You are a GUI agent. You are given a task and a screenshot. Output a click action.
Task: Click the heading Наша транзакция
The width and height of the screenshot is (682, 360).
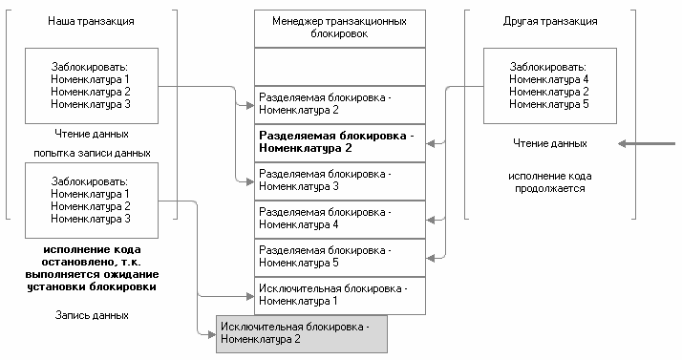[92, 20]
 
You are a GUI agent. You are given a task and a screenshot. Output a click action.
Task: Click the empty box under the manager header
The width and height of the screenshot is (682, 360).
[340, 66]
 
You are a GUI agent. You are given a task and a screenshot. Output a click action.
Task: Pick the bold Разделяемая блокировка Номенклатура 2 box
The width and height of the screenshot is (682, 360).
[340, 142]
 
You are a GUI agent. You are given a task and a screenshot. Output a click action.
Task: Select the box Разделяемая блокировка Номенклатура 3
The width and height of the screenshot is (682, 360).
[340, 180]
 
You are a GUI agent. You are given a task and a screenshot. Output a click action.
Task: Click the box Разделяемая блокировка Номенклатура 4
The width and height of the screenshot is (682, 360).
[340, 219]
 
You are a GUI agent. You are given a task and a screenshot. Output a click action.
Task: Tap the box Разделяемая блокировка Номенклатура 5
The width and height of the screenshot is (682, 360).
[340, 257]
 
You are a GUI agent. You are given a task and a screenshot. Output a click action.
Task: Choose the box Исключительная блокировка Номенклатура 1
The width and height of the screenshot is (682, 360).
[340, 295]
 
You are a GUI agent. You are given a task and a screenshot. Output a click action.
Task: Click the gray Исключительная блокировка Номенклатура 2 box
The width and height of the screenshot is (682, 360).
[302, 332]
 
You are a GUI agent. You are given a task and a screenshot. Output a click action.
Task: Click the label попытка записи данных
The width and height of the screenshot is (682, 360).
[92, 153]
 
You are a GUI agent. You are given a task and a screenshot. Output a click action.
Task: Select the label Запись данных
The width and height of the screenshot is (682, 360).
[92, 314]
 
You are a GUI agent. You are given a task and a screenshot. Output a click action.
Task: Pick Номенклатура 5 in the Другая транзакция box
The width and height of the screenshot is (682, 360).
[548, 104]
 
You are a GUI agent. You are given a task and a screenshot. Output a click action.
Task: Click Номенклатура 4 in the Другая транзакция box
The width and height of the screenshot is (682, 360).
[548, 79]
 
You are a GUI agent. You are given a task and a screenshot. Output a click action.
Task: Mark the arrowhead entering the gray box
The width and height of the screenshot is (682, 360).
[211, 332]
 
